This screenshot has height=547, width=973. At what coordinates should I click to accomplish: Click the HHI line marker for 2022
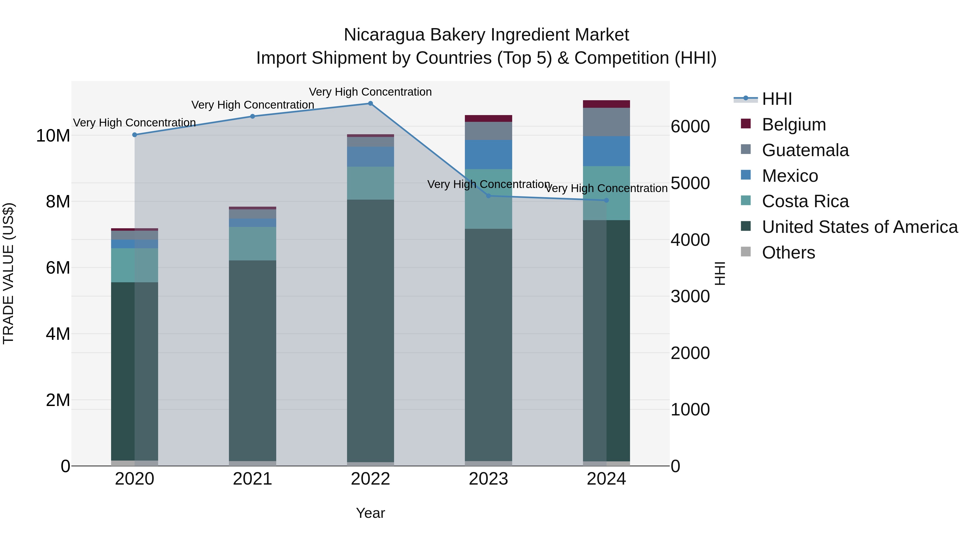(x=370, y=103)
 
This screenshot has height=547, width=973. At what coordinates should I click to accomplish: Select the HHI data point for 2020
(x=135, y=135)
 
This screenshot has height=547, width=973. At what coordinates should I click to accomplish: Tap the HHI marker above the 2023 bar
(x=488, y=196)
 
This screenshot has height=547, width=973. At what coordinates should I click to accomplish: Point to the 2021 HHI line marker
(x=253, y=116)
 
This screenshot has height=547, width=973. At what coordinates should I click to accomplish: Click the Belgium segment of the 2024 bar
(x=606, y=104)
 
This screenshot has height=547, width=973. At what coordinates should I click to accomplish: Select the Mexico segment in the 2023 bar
(x=488, y=155)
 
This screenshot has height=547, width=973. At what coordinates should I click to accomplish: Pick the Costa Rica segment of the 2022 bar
(x=370, y=183)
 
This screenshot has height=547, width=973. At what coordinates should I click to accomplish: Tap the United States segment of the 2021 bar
(x=253, y=361)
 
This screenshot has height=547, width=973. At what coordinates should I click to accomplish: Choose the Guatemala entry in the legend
(x=805, y=150)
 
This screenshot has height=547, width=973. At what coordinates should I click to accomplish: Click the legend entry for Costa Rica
(x=805, y=202)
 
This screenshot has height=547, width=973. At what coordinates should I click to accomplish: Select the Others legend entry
(x=788, y=253)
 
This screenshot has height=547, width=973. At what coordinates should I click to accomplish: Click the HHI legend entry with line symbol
(x=776, y=99)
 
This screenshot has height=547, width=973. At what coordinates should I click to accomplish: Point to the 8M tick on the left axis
(x=58, y=202)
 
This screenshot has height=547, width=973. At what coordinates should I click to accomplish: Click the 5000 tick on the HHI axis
(x=690, y=183)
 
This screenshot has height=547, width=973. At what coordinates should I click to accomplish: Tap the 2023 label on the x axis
(x=488, y=479)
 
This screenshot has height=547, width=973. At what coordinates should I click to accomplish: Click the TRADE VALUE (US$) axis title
(x=8, y=273)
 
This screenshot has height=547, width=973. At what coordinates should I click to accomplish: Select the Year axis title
(x=370, y=513)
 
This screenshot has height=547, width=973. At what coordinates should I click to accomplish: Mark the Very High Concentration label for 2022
(x=370, y=92)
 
